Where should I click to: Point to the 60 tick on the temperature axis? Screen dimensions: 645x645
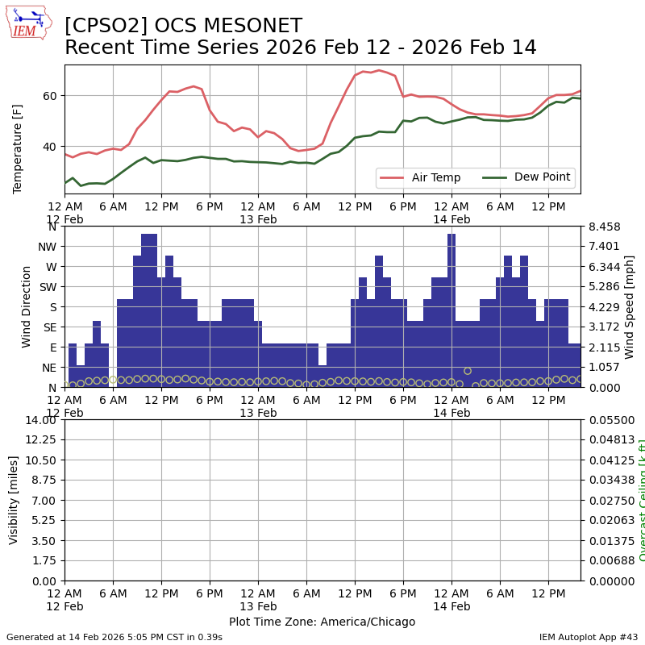click(x=51, y=96)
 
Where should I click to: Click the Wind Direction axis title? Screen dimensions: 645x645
click(x=27, y=306)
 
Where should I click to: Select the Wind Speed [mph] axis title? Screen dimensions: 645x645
click(x=630, y=306)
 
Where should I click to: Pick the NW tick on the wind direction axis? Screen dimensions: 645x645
click(x=47, y=247)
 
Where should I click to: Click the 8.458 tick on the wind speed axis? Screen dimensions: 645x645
click(x=602, y=227)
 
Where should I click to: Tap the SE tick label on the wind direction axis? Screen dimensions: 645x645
click(x=49, y=327)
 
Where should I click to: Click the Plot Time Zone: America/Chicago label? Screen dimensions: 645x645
click(x=322, y=622)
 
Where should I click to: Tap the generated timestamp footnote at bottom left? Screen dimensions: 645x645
click(x=114, y=637)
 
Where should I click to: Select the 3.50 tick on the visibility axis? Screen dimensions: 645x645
click(x=44, y=541)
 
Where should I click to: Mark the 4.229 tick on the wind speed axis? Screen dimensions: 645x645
click(x=602, y=307)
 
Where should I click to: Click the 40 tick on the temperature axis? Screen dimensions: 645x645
click(x=51, y=147)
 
